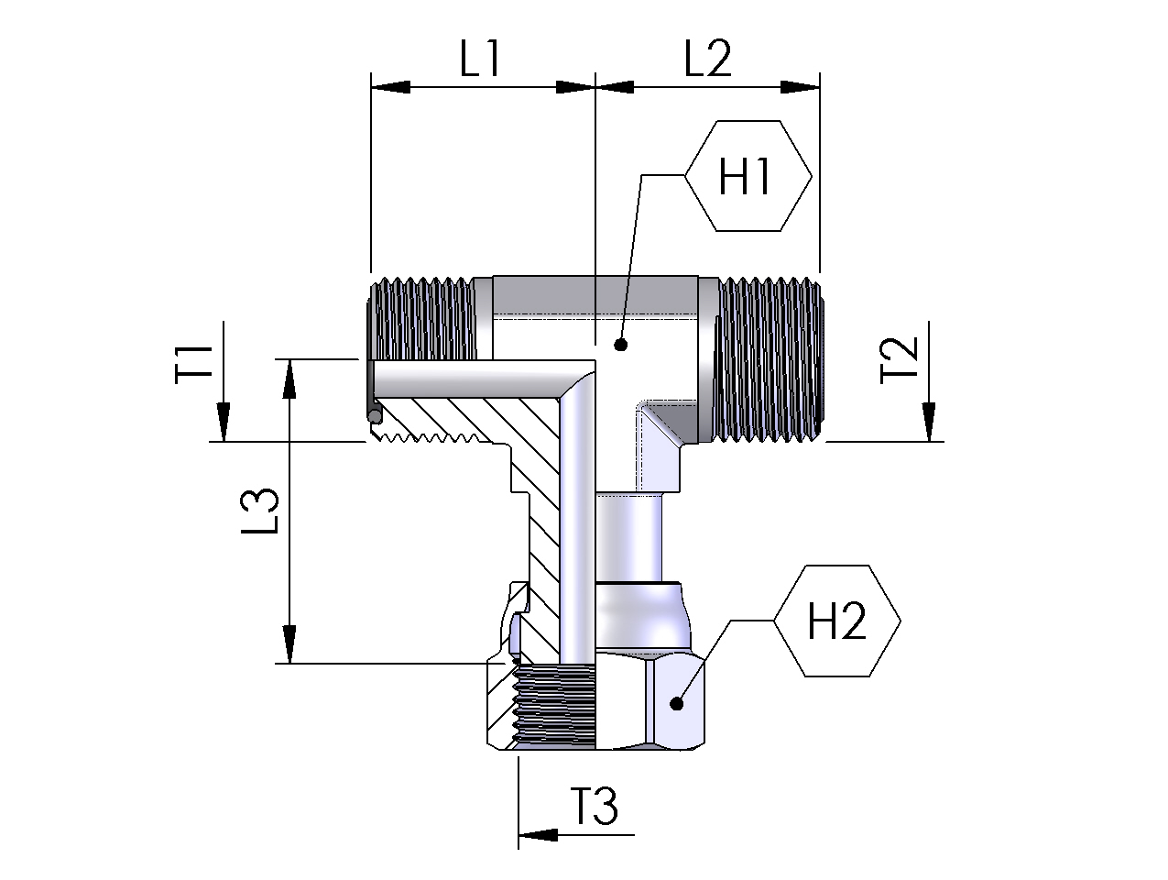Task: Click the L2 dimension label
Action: pos(708,60)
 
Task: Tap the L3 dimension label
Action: pos(263,511)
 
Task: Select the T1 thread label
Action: pos(196,362)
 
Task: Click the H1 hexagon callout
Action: pos(748,176)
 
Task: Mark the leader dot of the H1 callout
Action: pos(620,346)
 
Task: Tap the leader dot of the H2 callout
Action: pos(677,704)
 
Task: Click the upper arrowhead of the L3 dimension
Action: pos(289,378)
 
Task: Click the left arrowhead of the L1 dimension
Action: pos(388,87)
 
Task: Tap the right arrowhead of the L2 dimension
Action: pos(800,87)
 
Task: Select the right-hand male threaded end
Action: pos(769,361)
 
